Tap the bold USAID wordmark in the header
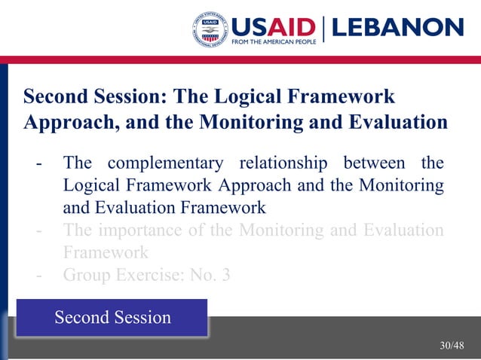point(276,26)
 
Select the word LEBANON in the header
point(397,27)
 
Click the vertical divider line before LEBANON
point(323,29)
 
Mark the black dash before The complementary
point(38,163)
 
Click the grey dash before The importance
point(38,230)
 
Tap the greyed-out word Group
point(86,275)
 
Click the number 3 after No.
point(225,275)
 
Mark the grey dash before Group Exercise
point(38,275)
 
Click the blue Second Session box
point(112,317)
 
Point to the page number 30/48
point(452,346)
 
